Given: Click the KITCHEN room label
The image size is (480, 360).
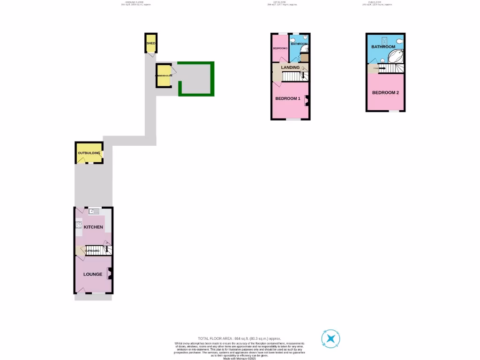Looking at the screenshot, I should pos(93,227).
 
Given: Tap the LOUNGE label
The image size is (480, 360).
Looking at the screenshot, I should pos(93,274).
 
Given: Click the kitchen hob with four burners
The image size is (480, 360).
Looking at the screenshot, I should pos(78,225).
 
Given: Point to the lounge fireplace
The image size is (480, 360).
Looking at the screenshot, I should pos(109,272).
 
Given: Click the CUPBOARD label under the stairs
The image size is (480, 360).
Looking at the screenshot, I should pos(92,251).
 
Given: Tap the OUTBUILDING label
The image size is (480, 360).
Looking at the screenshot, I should pos(89,153).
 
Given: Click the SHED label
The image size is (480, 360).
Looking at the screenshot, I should pos(151,44).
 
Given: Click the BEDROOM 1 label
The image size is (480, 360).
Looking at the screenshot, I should pos(287,98).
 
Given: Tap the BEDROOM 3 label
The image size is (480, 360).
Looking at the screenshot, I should pos(280,48).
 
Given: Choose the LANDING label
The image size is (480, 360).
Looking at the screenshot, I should pos(290,67).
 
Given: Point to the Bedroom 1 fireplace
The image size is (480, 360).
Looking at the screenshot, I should pos(307,99).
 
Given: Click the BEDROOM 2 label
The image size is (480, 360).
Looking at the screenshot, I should pos(385,93).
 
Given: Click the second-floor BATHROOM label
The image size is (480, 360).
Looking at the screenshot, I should pos(383,47).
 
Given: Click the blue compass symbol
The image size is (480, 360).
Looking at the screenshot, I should pos(330,338).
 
